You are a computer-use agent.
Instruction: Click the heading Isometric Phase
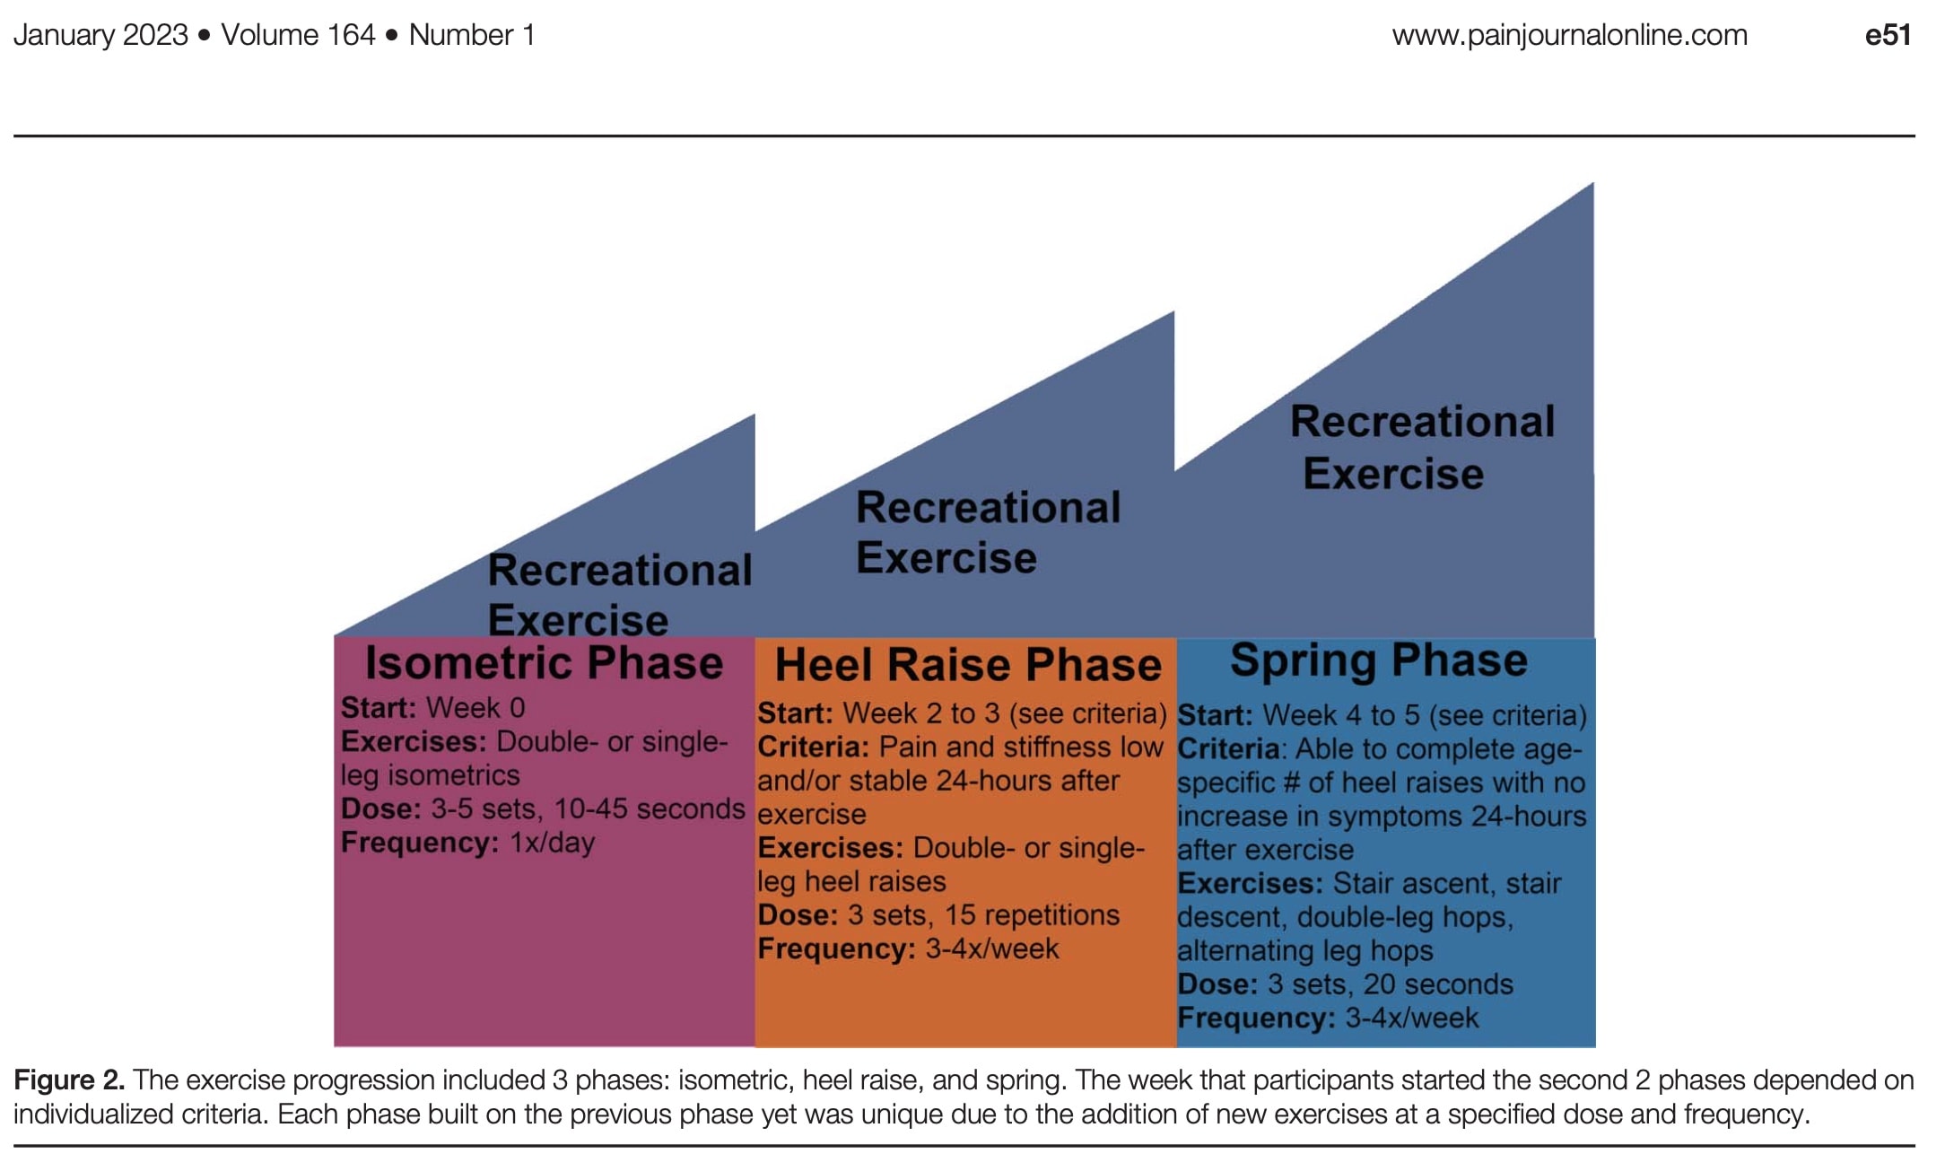tap(544, 663)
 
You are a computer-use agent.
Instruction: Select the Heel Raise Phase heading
tap(968, 665)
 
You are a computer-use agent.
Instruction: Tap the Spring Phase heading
tap(1379, 661)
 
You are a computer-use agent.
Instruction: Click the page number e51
tap(1888, 35)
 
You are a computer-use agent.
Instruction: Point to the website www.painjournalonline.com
tap(1570, 35)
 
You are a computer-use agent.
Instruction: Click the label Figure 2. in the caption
tap(69, 1080)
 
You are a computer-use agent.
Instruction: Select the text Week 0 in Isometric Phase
tap(475, 708)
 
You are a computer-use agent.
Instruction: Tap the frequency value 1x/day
tap(552, 844)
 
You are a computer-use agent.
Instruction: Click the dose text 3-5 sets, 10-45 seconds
tap(589, 809)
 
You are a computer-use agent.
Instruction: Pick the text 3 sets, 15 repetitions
tap(983, 915)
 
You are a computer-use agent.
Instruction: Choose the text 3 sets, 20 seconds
tap(1390, 984)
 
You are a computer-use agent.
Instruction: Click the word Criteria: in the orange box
tap(814, 747)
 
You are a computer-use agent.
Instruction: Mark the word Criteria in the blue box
tap(1228, 749)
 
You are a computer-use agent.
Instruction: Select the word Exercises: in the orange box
tap(831, 848)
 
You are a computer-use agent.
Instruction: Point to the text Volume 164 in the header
tap(298, 35)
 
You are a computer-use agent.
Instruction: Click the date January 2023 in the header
tap(100, 35)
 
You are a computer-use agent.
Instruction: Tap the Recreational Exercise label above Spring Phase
tap(1422, 447)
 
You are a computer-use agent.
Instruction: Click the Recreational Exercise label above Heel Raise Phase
tap(988, 532)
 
